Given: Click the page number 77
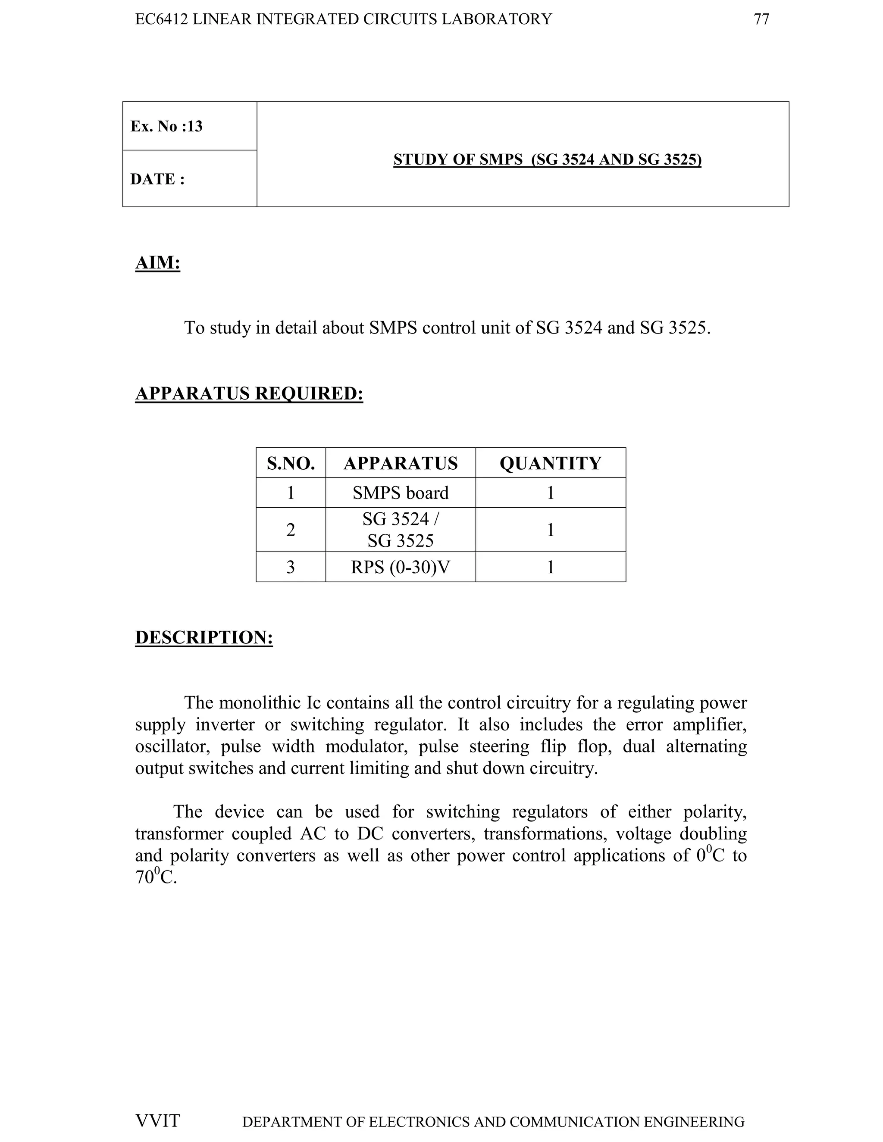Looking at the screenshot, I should point(761,19).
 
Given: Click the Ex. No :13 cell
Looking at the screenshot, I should point(166,126).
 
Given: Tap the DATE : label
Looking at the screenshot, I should point(157,179).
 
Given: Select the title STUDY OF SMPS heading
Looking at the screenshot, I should point(547,159).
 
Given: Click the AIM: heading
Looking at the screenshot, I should point(157,262).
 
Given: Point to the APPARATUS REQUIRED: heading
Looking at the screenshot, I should point(249,393).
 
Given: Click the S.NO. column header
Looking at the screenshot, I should point(291,463).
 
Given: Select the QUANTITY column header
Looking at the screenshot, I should point(550,463).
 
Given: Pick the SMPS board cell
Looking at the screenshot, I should point(401,493).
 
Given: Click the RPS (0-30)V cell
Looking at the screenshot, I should point(401,567).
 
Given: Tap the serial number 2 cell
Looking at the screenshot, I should point(291,530).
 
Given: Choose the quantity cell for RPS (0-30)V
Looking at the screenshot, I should point(550,567).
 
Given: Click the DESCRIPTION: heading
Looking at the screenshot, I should point(204,637).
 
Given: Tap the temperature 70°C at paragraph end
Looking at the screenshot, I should point(155,877).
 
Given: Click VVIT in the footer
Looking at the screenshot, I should point(157,1120).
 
